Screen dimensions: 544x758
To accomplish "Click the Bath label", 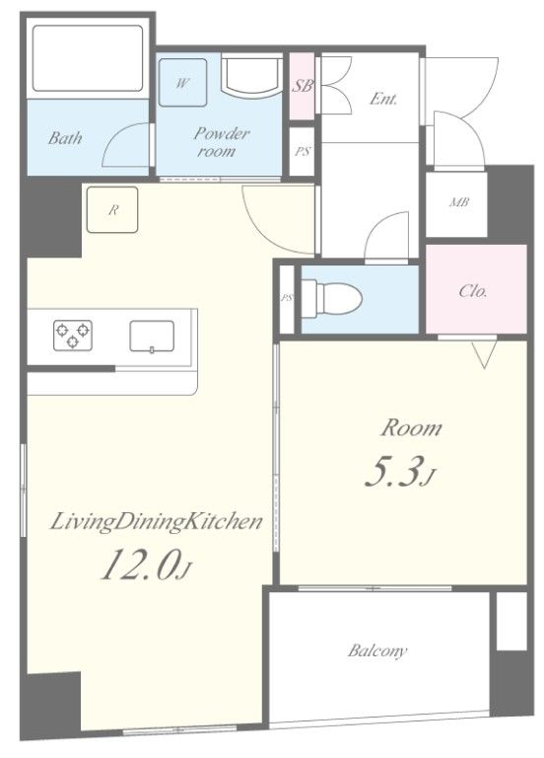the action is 65,138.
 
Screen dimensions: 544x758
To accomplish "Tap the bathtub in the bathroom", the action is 88,58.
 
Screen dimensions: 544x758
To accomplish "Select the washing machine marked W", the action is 182,82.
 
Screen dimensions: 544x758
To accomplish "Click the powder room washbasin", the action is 251,75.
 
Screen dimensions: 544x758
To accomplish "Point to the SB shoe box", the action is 303,86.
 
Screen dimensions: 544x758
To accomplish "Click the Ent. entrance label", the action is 383,99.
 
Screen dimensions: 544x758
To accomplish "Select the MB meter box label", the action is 458,202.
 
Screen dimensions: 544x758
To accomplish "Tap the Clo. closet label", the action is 473,291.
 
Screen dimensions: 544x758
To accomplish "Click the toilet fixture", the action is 332,296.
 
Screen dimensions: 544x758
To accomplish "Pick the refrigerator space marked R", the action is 112,210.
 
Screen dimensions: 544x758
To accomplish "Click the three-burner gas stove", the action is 72,335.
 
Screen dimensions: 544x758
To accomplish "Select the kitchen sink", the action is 152,336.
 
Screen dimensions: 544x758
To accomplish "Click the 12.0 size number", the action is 140,565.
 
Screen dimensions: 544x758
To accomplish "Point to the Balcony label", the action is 377,650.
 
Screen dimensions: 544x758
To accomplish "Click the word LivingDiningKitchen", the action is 157,522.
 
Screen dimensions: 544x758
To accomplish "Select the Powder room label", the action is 221,142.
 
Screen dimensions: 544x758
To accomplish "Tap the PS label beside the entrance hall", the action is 303,151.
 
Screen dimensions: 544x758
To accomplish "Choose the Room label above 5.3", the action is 411,428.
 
